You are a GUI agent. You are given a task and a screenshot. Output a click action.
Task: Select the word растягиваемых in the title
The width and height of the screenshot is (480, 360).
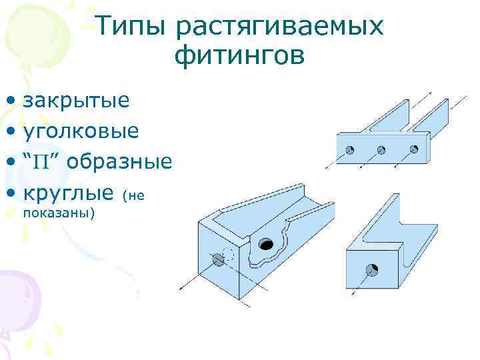click(280, 27)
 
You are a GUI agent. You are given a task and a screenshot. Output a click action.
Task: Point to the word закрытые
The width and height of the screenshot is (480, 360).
click(77, 101)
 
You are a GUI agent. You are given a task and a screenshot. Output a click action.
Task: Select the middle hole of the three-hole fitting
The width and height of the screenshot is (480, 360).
click(382, 149)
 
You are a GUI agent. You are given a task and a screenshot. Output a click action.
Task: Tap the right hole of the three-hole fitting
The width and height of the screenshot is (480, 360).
click(413, 149)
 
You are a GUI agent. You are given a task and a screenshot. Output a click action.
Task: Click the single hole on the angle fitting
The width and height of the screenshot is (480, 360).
click(372, 270)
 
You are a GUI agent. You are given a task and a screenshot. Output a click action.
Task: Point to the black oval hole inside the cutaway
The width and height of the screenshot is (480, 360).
click(267, 244)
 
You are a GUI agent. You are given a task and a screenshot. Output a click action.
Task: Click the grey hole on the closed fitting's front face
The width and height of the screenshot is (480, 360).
click(217, 259)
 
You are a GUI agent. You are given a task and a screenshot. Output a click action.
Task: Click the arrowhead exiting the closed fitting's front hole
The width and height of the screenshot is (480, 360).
click(184, 286)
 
